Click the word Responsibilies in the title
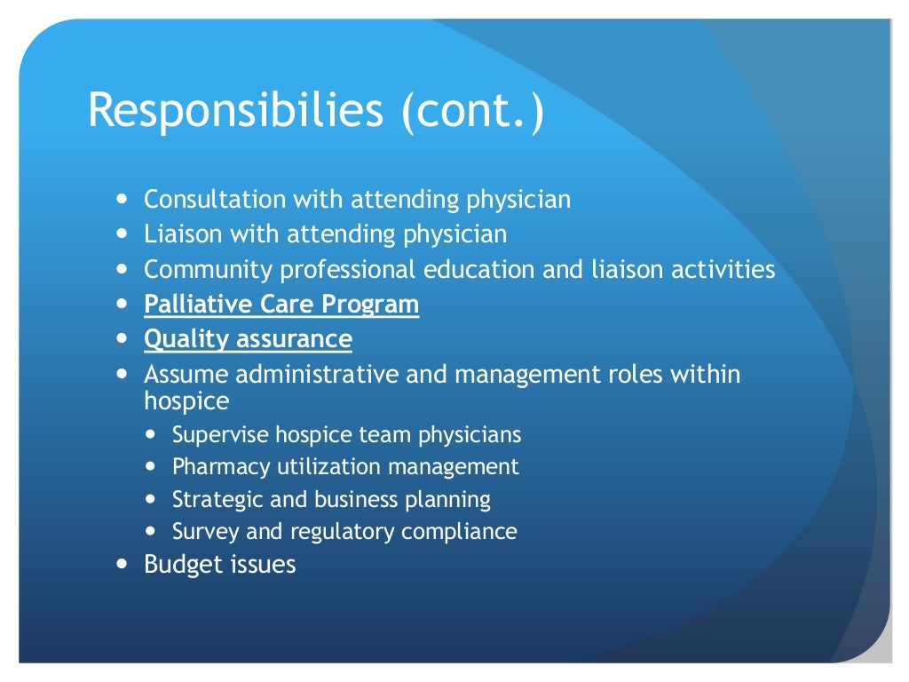(x=236, y=112)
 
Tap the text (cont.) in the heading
(x=472, y=112)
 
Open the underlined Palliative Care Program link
(x=281, y=305)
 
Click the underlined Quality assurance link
(x=248, y=339)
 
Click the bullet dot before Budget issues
(x=122, y=565)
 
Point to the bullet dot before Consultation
(x=122, y=200)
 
